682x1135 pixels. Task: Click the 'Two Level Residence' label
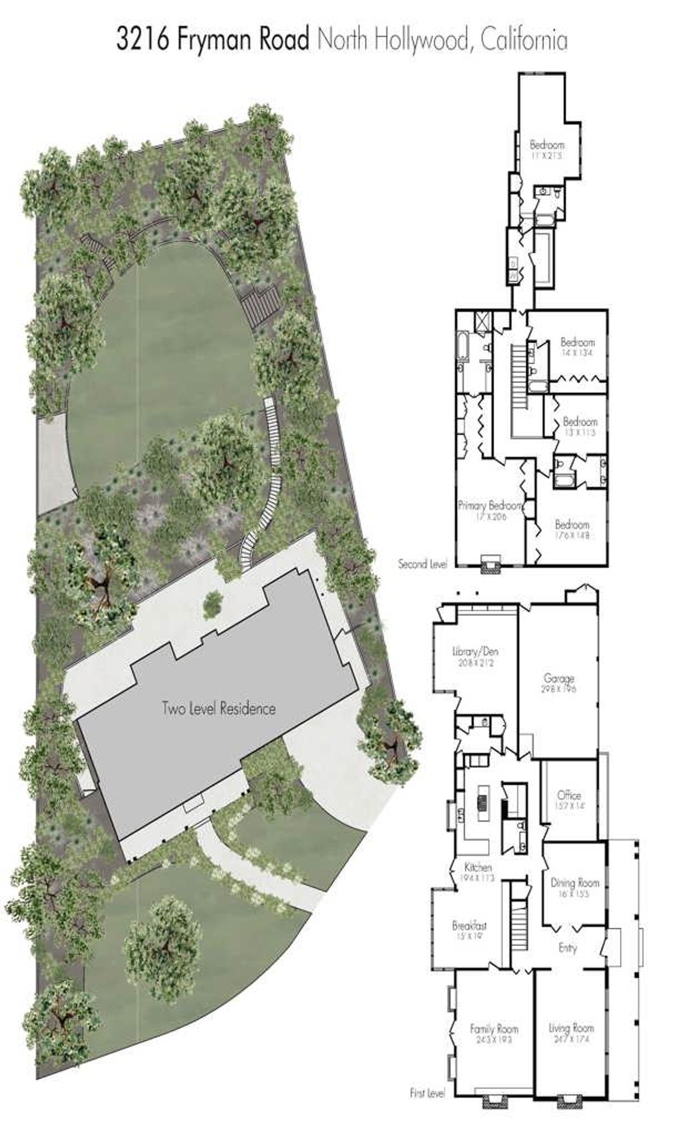[x=218, y=708]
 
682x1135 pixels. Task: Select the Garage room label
[x=559, y=679]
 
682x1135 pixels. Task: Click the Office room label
[x=569, y=795]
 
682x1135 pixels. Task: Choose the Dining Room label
[x=575, y=883]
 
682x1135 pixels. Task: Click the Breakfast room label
[x=469, y=926]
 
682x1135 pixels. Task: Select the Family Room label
[x=494, y=1029]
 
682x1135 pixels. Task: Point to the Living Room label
[x=571, y=1028]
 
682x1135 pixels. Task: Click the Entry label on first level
[x=567, y=949]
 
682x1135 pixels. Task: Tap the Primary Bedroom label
[x=488, y=506]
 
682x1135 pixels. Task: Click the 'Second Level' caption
[x=422, y=564]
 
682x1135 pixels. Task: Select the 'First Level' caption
[x=427, y=1094]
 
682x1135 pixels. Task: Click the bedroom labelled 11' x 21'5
[x=547, y=144]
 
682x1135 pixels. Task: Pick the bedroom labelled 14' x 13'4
[x=577, y=343]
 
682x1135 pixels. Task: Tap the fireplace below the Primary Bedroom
[x=491, y=563]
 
